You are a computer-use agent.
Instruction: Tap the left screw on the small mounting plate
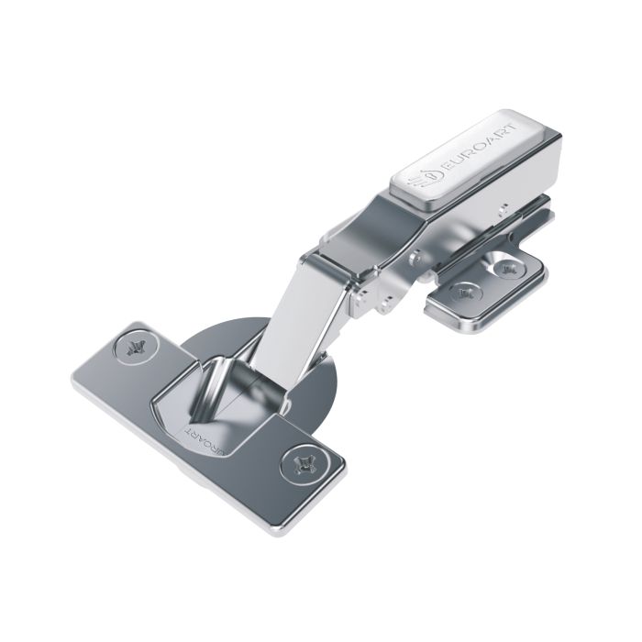pos(467,293)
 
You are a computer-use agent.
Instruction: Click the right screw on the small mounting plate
pos(507,270)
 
